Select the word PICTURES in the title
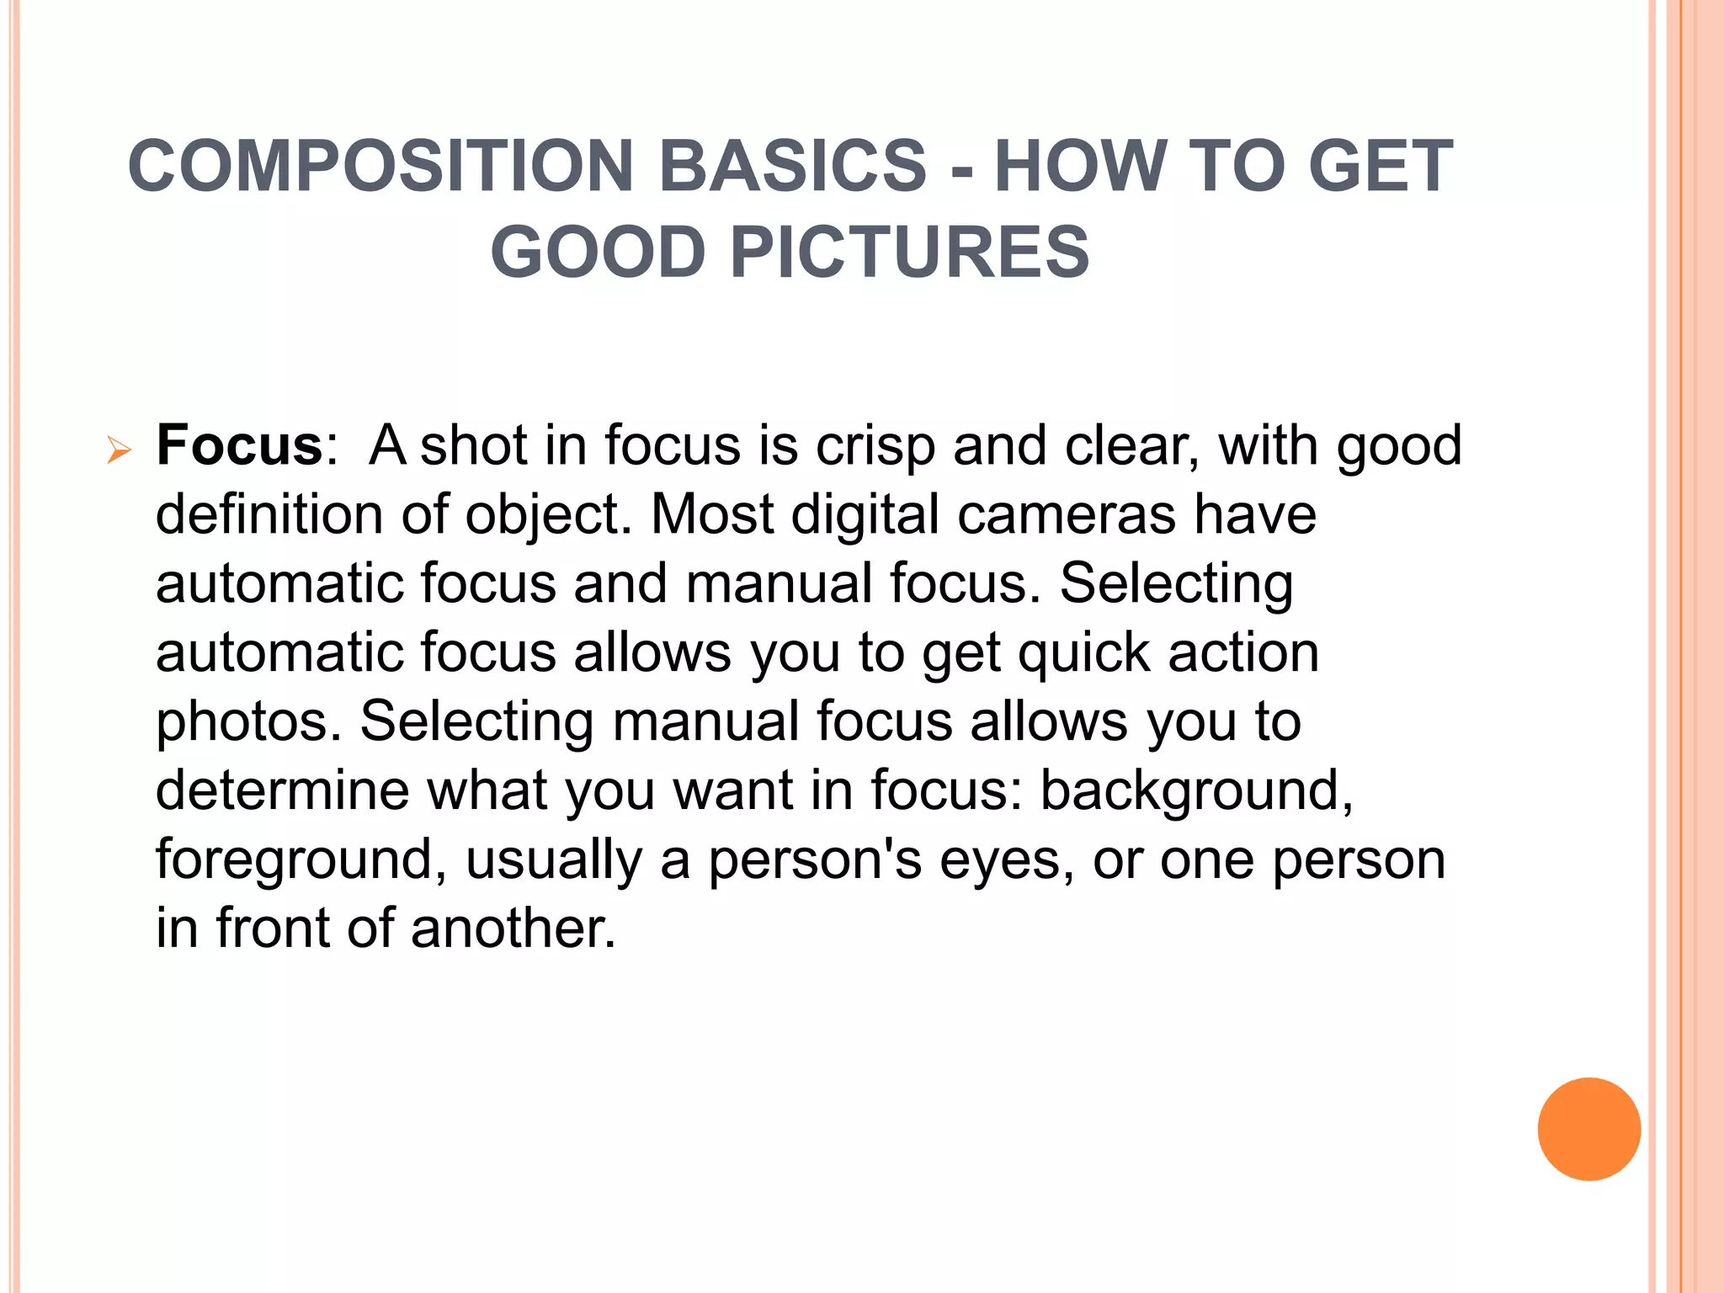pyautogui.click(x=909, y=253)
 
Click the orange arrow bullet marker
pyautogui.click(x=119, y=452)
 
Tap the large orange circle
pyautogui.click(x=1588, y=1129)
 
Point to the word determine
pyautogui.click(x=283, y=790)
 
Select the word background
pyautogui.click(x=1196, y=791)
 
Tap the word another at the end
pyautogui.click(x=513, y=929)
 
